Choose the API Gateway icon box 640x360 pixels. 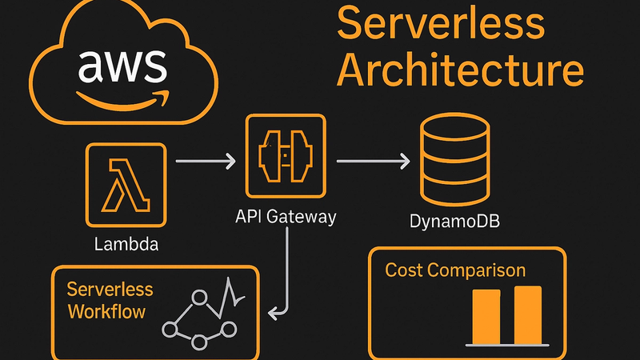tap(286, 155)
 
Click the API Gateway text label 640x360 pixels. tap(286, 217)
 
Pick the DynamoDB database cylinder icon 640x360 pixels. tap(453, 161)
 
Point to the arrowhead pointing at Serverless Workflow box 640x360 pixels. tap(272, 313)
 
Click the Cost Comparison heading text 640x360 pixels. tap(455, 270)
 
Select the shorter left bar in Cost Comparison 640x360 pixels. tap(486, 316)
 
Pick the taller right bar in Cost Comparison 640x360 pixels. tap(527, 314)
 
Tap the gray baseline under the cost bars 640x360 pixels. tap(507, 344)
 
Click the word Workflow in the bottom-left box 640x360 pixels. tap(106, 310)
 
